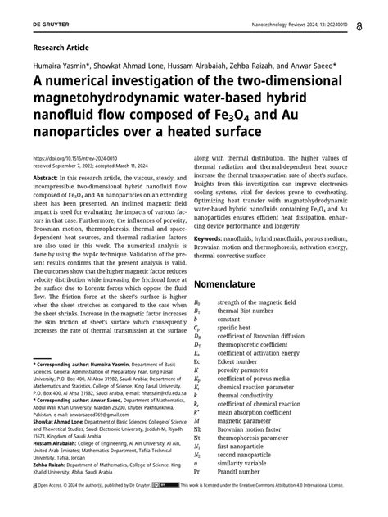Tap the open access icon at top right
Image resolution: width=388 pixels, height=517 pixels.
point(359,26)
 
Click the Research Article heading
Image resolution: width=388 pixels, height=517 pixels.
point(61,48)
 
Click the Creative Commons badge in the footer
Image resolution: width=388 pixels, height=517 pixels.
point(169,508)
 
